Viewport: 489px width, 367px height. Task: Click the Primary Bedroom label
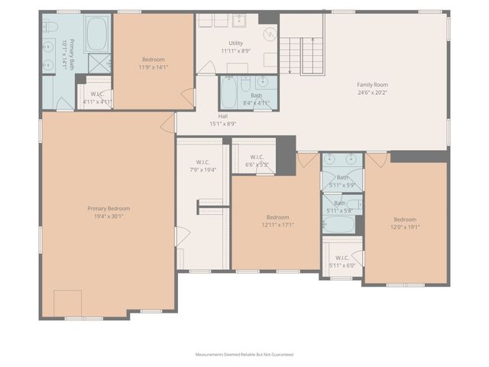coord(108,209)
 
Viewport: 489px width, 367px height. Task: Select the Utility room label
coord(236,43)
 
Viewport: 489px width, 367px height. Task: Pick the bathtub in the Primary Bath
coord(97,34)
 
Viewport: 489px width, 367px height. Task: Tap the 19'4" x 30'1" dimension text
coord(108,216)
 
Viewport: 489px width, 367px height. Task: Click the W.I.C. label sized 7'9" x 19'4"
coord(203,161)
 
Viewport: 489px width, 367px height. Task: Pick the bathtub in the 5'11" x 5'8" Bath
coord(338,224)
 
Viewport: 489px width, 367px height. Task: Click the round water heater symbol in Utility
coord(269,34)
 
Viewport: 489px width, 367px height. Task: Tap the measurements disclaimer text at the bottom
coord(244,355)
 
